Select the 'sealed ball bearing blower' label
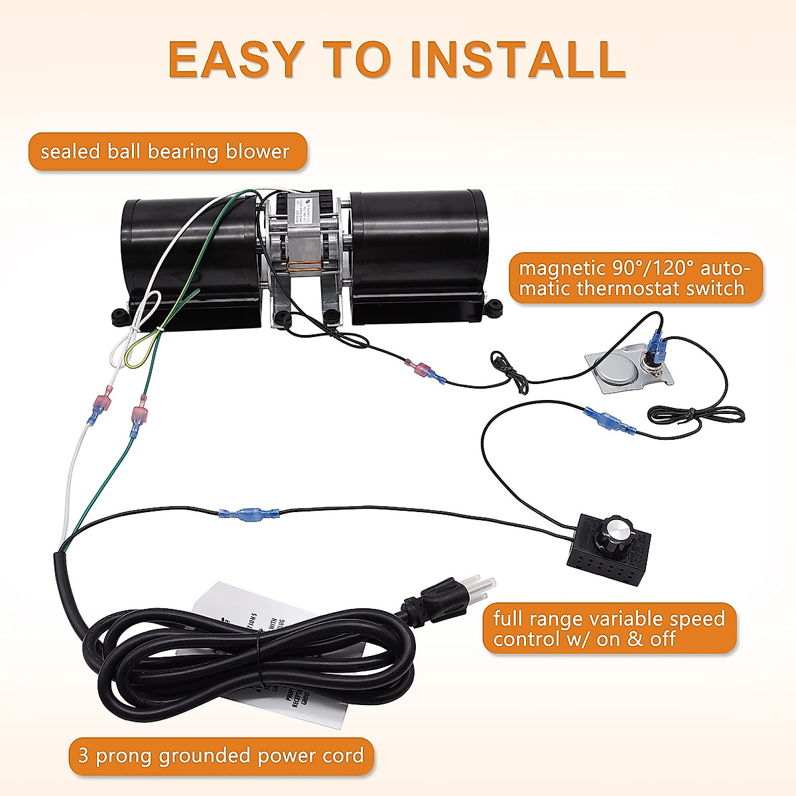(165, 151)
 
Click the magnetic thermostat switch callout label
(635, 278)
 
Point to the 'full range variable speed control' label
(609, 628)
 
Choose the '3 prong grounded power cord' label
(221, 755)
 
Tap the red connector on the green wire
(140, 415)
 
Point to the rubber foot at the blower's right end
(494, 308)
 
